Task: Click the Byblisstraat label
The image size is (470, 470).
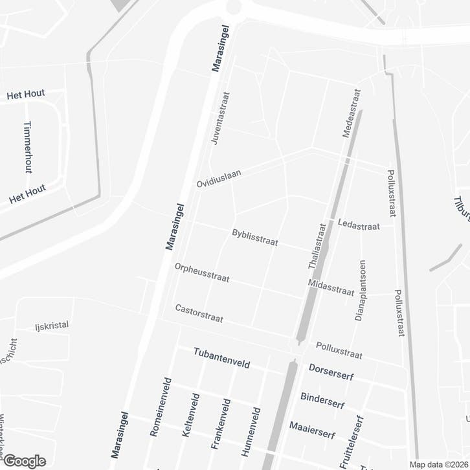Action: (x=254, y=238)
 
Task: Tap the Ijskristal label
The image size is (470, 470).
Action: (x=52, y=326)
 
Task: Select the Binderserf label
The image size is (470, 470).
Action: (x=322, y=401)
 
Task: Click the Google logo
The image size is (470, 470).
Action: (x=24, y=461)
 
